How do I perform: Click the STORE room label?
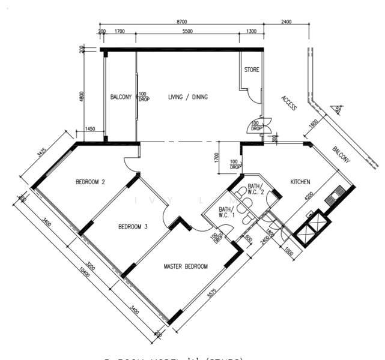coord(252,70)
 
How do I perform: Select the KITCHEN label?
coord(300,181)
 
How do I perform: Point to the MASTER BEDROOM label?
coord(186,266)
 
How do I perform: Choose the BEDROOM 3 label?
coord(133,227)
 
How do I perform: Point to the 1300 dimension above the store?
coord(251,31)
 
